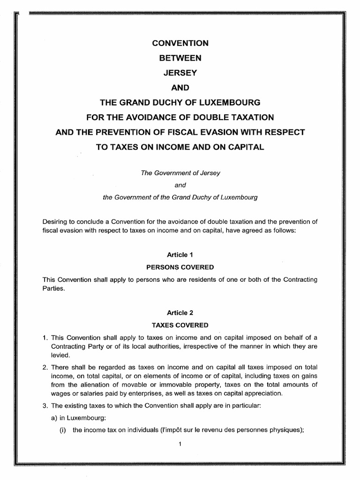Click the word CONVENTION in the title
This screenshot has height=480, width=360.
(180, 43)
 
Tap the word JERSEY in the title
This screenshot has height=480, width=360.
(180, 73)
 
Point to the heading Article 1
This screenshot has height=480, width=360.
(180, 255)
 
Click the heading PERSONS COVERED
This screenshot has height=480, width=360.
(180, 267)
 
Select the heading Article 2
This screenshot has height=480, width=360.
(180, 312)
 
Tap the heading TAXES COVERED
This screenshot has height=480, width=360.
(180, 324)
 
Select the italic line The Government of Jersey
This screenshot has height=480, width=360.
(180, 172)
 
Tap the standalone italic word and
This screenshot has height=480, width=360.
(180, 185)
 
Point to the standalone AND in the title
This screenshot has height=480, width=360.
(180, 88)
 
